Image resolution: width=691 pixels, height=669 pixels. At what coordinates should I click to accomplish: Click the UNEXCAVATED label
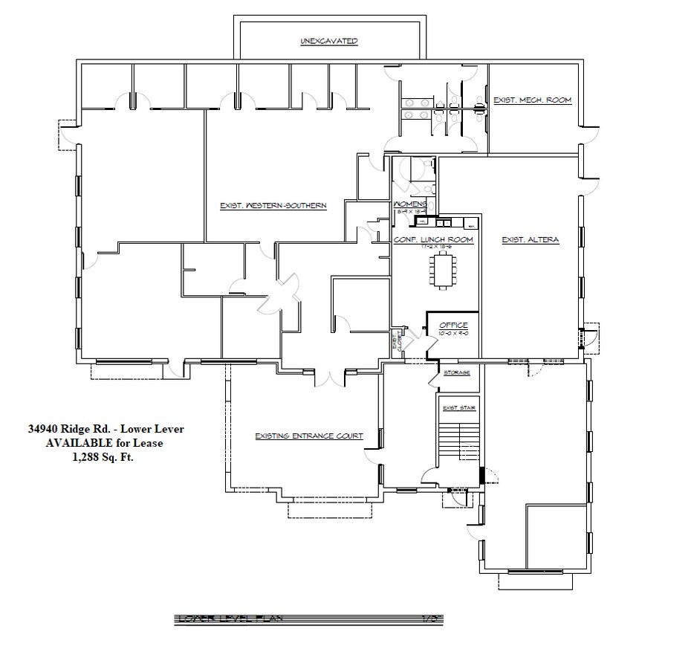(x=329, y=41)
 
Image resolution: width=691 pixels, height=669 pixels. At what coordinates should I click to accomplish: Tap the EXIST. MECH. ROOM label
(x=532, y=100)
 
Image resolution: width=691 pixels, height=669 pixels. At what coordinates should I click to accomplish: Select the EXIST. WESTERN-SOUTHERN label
(x=273, y=206)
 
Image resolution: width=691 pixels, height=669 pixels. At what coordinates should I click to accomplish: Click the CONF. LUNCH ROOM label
(x=433, y=239)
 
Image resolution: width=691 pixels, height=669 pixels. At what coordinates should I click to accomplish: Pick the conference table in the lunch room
(x=446, y=269)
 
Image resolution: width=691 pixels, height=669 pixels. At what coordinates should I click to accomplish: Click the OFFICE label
(x=453, y=326)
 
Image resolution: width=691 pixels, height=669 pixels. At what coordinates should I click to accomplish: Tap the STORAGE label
(x=457, y=372)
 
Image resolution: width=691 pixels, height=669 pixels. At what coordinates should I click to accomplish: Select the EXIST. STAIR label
(x=459, y=408)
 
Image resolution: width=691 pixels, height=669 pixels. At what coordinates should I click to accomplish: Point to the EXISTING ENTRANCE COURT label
(x=308, y=436)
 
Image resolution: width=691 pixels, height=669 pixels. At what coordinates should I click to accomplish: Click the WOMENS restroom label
(x=411, y=204)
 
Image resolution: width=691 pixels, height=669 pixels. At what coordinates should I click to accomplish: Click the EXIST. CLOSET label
(x=398, y=343)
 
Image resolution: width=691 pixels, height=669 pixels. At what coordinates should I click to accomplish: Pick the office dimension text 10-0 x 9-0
(x=453, y=333)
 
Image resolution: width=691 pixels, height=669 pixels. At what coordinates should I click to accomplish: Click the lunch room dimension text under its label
(x=433, y=246)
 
